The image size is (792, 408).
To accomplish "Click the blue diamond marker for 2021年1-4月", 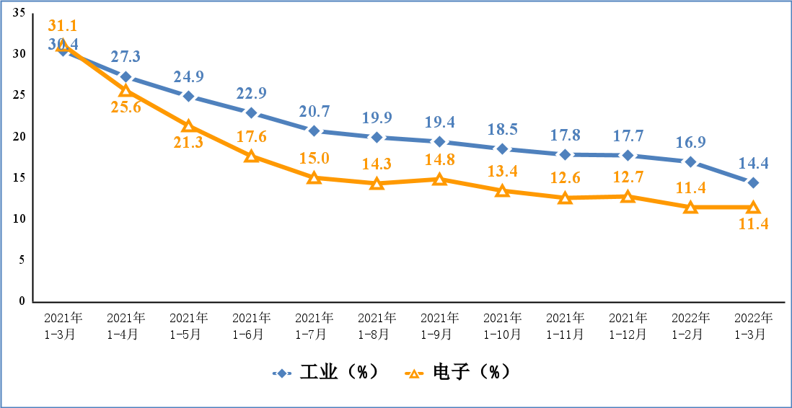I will [126, 76].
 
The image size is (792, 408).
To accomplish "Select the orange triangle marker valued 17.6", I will [251, 156].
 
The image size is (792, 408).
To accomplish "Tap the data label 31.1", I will [63, 26].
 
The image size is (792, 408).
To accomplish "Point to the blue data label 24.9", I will [188, 76].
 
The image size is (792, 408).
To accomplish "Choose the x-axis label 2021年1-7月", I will [314, 326].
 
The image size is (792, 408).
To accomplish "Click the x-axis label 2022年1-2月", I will [690, 326].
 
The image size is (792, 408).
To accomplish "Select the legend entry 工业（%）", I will [325, 373].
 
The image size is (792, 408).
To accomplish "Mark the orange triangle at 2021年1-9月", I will [439, 179].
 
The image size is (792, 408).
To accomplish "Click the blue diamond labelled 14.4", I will [753, 182].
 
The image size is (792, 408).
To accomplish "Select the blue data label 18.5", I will [503, 130].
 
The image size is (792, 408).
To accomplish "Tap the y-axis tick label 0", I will [22, 301].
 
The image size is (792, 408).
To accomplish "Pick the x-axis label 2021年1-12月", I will [628, 326].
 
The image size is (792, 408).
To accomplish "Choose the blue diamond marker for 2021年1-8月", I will [377, 137].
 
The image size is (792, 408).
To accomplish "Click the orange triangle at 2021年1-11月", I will [565, 198].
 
